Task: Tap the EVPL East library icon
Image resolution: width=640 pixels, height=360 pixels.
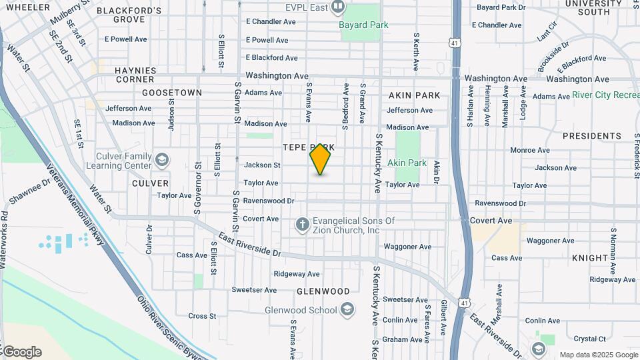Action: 338,7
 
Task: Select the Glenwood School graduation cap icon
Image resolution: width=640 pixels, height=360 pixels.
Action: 347,309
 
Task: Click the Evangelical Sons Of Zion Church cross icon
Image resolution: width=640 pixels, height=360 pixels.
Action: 302,225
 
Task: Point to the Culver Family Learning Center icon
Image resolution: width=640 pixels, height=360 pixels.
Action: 162,160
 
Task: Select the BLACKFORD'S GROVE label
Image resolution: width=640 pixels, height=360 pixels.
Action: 129,15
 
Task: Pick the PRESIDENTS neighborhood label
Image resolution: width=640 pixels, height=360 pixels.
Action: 591,136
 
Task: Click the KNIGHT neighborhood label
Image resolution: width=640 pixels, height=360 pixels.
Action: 589,257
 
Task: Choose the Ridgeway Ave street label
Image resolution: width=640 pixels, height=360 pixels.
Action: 297,274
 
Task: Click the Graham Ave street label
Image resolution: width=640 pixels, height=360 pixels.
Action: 403,339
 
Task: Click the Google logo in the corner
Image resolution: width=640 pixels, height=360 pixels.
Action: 21,352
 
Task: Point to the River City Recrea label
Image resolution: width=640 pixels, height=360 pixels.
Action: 605,95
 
